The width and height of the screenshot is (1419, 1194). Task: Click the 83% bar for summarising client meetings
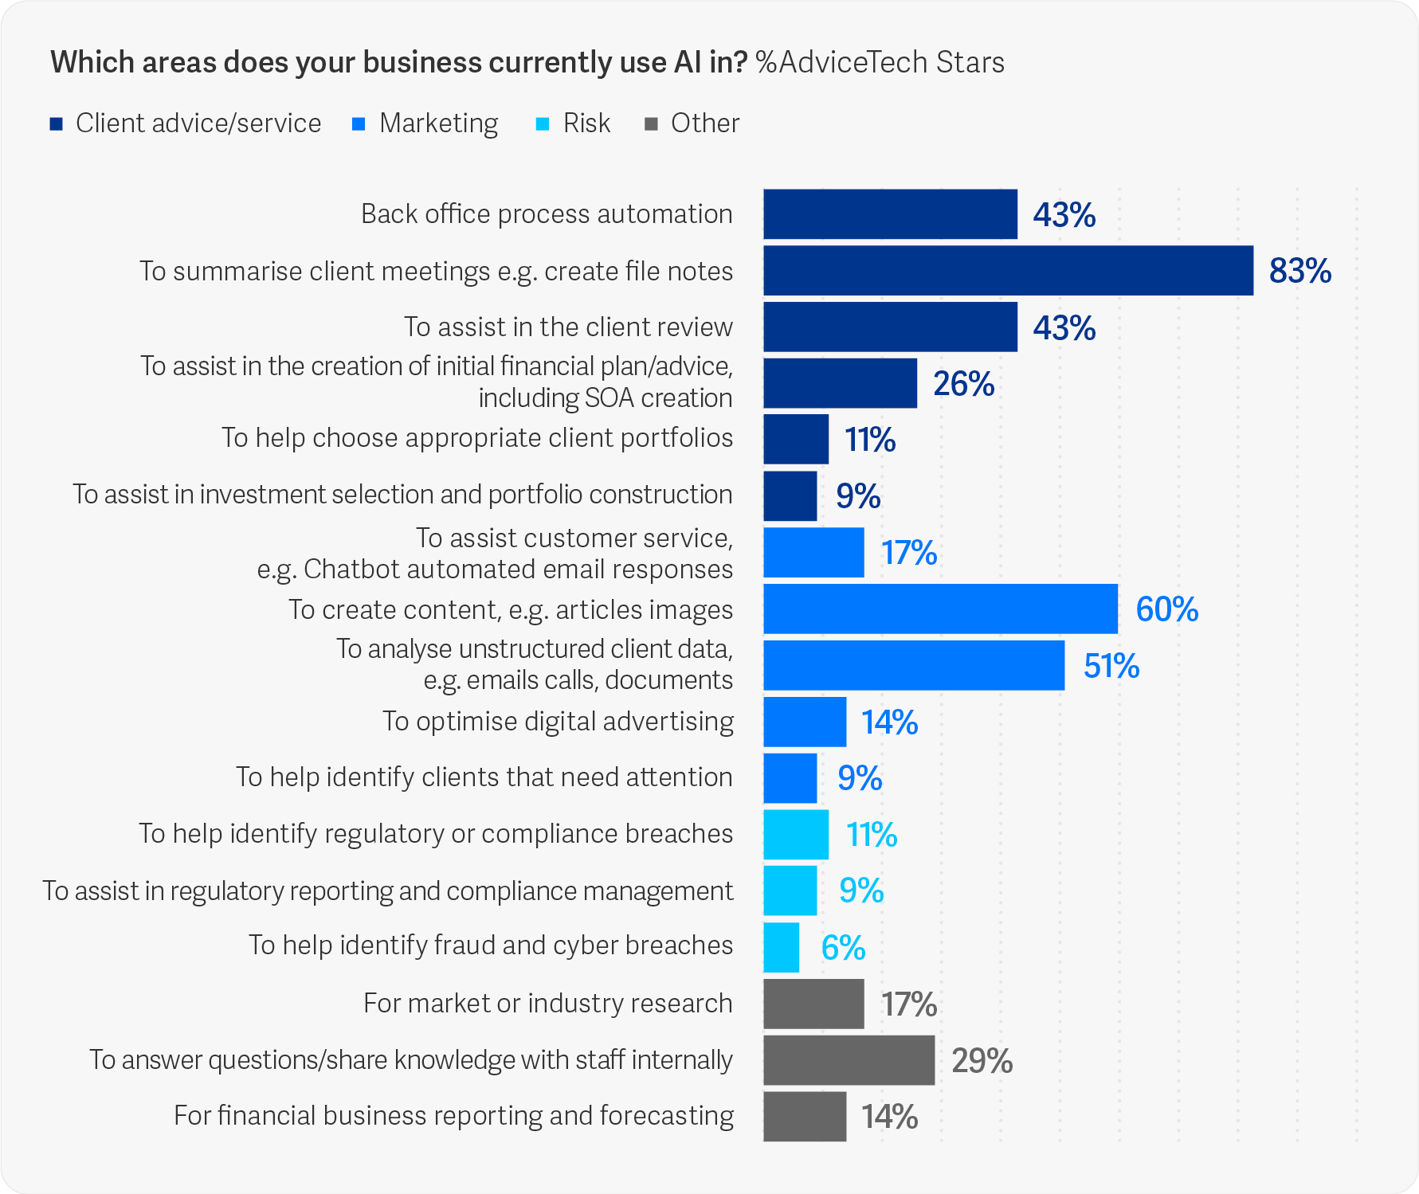point(1008,271)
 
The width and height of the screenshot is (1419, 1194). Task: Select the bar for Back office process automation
point(890,214)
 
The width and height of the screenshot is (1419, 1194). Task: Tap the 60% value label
point(1166,609)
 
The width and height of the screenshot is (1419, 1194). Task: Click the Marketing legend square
point(359,124)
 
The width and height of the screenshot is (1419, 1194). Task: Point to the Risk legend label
point(586,123)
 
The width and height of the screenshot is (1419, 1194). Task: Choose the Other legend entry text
point(704,123)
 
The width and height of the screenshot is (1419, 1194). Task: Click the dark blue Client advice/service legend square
point(57,124)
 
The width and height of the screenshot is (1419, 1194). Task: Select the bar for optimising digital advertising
point(805,722)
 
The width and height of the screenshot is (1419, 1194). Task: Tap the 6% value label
point(843,948)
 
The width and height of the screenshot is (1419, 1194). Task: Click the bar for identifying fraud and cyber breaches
point(782,948)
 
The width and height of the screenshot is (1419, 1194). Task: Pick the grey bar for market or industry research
point(813,1004)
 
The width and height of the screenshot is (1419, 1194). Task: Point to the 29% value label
point(982,1061)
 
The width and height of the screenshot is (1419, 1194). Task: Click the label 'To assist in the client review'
point(568,327)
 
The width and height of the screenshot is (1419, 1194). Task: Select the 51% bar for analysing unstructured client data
point(914,665)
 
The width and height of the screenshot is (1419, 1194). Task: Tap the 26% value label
point(963,384)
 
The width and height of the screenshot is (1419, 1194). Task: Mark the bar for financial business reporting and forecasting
point(805,1117)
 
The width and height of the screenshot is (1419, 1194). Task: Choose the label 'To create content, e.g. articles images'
point(511,609)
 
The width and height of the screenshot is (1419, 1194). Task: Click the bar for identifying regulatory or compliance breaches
point(796,835)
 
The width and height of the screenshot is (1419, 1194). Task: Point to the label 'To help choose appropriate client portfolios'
point(477,438)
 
